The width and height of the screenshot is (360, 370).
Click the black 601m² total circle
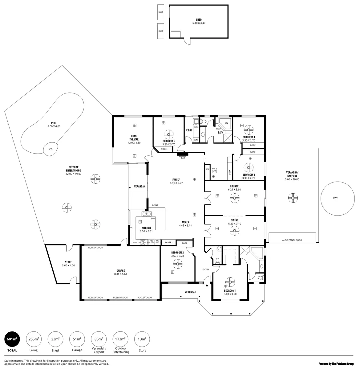click(12, 339)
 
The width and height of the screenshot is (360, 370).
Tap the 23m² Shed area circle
click(55, 339)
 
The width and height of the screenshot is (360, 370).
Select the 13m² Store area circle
click(142, 339)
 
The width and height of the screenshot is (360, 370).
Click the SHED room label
click(199, 20)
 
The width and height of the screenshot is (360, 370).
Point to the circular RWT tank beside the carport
click(335, 198)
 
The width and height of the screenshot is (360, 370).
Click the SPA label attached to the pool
click(51, 149)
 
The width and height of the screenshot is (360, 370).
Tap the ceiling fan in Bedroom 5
click(169, 134)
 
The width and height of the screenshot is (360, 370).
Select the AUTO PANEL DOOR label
click(292, 240)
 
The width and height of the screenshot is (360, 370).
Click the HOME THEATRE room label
click(134, 138)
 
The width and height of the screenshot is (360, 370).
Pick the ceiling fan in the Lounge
click(234, 198)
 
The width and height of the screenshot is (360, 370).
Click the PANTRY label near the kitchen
click(169, 243)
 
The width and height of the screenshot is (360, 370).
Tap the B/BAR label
click(155, 205)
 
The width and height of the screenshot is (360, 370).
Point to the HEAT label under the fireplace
click(182, 158)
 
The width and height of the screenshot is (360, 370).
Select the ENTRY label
click(206, 269)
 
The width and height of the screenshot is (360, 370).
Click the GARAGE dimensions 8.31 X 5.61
click(120, 274)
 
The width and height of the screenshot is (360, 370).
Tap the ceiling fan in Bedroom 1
click(230, 282)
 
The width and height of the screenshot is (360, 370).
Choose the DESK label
click(230, 172)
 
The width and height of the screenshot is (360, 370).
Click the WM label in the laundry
click(196, 127)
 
